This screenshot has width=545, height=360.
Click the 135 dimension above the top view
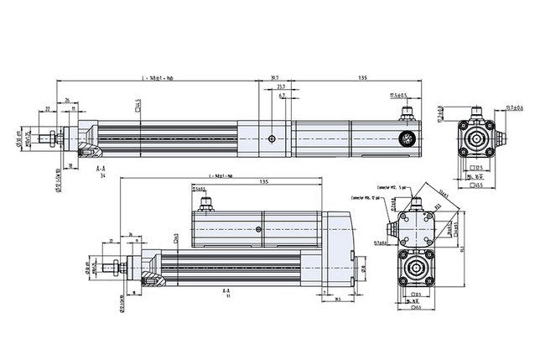[x=362, y=78]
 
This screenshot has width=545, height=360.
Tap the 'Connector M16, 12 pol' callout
[x=367, y=198]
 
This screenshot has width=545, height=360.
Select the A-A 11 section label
[x=226, y=293]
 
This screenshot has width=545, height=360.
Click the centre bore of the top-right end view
[x=477, y=139]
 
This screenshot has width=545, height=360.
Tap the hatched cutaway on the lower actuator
[x=152, y=276]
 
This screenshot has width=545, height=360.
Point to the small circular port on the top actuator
[x=271, y=138]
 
